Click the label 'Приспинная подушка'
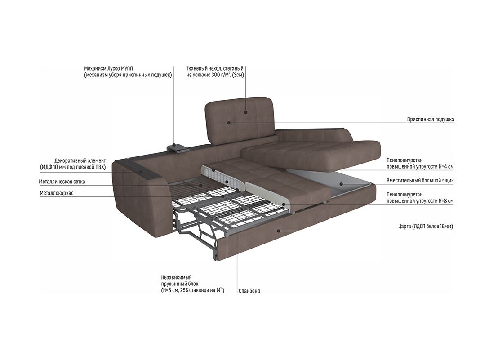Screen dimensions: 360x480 click(430, 120)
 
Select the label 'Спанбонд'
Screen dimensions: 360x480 click(249, 291)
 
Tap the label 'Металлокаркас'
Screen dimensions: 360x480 click(57, 193)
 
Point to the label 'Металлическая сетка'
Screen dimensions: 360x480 click(62, 182)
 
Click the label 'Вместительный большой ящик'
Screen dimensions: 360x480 click(420, 181)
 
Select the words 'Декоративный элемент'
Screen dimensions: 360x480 click(80, 160)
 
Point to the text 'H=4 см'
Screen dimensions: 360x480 click(444, 167)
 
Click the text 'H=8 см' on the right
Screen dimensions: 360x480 click(444, 201)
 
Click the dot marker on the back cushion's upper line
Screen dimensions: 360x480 click(246, 112)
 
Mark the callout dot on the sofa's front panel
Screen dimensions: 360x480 click(279, 231)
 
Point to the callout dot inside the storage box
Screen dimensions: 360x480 click(341, 183)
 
